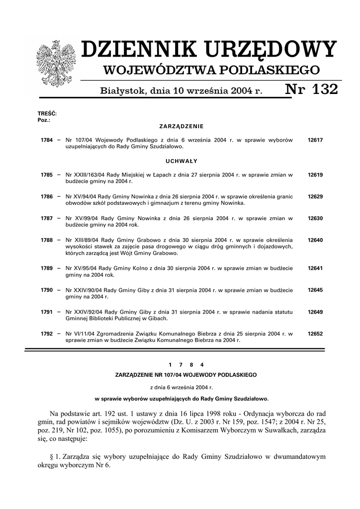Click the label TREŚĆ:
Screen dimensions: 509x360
pyautogui.click(x=47, y=114)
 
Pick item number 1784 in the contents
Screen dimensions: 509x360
pyautogui.click(x=47, y=140)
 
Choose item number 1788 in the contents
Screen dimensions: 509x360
pyautogui.click(x=47, y=240)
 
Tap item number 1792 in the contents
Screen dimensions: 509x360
pyautogui.click(x=47, y=334)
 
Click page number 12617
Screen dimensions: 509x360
pyautogui.click(x=315, y=140)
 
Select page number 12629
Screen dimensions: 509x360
pyautogui.click(x=315, y=196)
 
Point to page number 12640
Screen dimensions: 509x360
pyautogui.click(x=315, y=240)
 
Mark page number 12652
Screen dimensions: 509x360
pyautogui.click(x=315, y=334)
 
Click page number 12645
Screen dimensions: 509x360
pyautogui.click(x=315, y=290)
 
